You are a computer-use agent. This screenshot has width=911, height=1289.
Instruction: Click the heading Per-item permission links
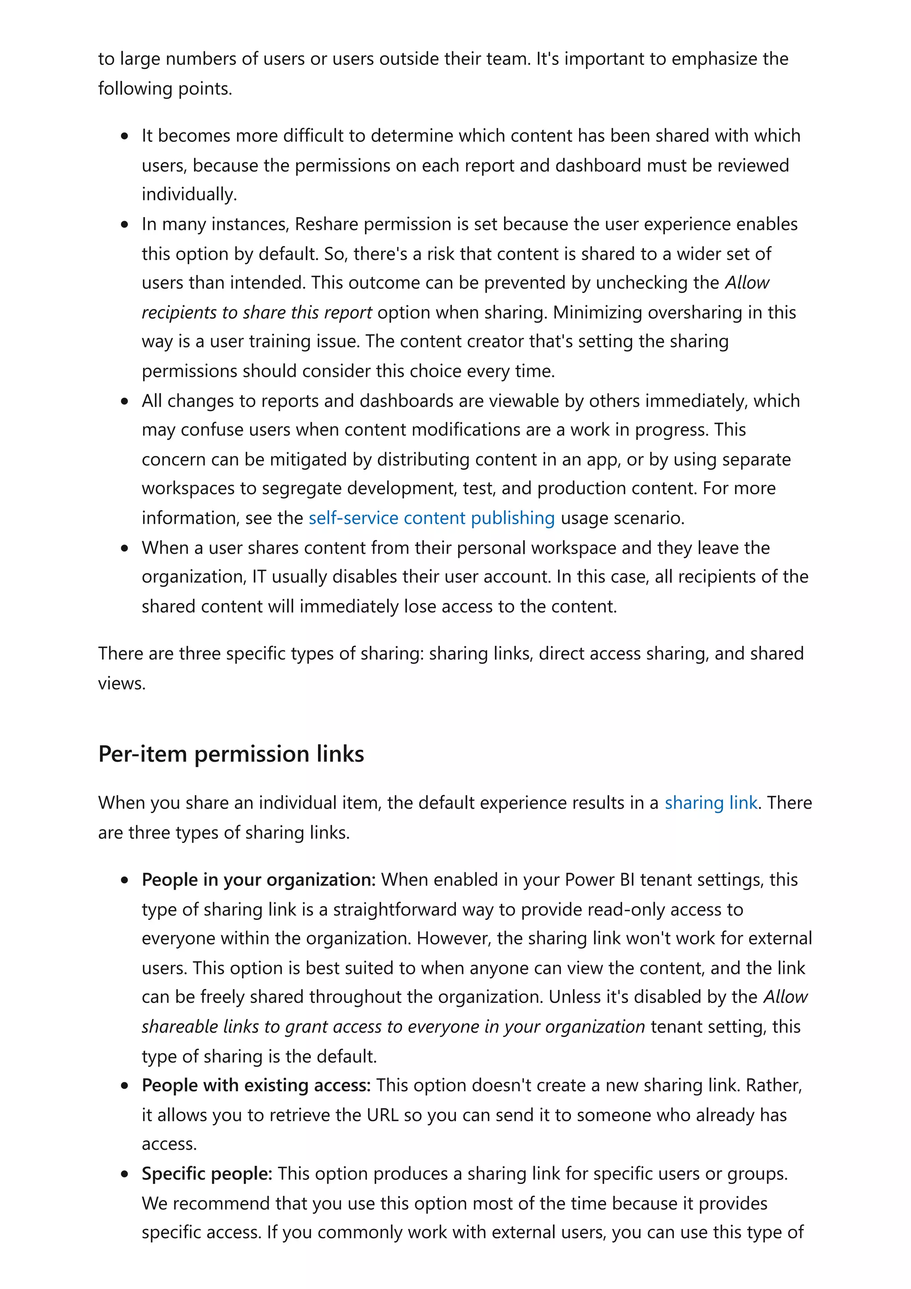coord(231,754)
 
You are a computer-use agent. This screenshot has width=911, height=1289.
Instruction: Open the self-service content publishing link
coord(431,518)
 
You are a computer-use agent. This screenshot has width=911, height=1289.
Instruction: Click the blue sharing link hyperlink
coord(711,803)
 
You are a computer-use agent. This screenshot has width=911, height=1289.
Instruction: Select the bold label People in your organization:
coord(258,880)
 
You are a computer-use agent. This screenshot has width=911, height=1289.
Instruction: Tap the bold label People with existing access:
coord(256,1085)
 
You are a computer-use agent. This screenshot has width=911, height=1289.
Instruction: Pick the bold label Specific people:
coord(206,1174)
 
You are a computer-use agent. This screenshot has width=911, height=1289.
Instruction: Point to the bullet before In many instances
coord(125,225)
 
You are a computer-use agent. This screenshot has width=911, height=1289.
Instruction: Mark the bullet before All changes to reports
coord(125,401)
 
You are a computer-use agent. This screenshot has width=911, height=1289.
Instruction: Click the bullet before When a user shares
coord(125,548)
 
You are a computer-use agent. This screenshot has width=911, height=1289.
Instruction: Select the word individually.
coord(189,194)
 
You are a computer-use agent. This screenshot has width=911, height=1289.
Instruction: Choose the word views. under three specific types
coord(121,684)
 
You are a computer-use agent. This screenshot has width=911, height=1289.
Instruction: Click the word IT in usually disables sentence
coord(259,576)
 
